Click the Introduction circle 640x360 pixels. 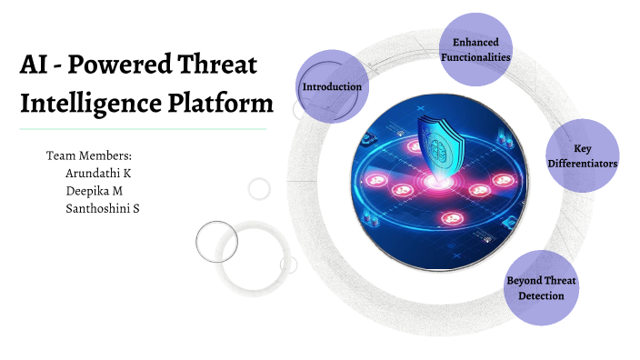point(332,86)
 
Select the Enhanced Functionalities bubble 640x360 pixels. point(475,50)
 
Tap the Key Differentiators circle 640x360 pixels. point(582,155)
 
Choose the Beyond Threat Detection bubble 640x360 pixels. point(541,287)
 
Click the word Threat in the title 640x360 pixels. point(215,66)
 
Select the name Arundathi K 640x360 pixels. point(105,173)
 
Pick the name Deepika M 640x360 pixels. point(96,191)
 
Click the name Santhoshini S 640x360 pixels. point(108,208)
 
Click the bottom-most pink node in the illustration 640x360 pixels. point(450,217)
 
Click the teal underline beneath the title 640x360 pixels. point(143,129)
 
